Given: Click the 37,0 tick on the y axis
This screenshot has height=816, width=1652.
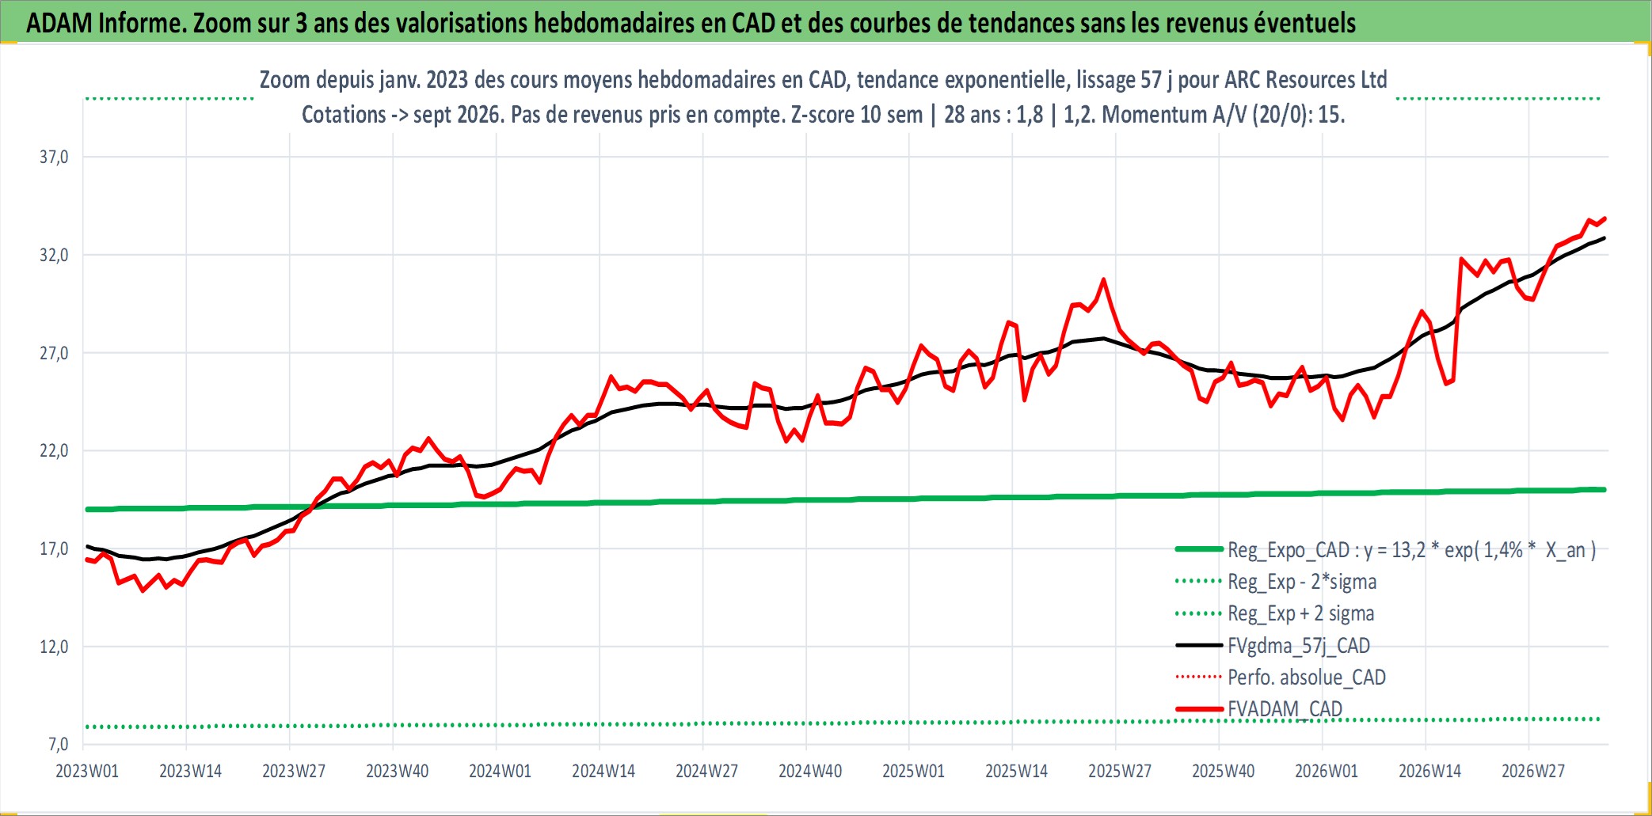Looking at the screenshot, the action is [x=54, y=157].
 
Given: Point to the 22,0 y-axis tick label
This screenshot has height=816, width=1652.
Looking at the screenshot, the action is [x=54, y=450].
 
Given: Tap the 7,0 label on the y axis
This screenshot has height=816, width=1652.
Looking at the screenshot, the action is [x=59, y=744].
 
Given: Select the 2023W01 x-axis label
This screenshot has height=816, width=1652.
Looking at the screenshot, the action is [x=87, y=771].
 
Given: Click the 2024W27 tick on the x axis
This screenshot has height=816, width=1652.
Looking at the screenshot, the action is [x=706, y=771].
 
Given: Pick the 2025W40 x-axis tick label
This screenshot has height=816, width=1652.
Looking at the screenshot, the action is [x=1223, y=771].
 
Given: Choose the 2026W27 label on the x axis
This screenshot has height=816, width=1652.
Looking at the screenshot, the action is [x=1533, y=771].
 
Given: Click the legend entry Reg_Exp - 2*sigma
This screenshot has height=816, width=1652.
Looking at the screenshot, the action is [x=1302, y=582].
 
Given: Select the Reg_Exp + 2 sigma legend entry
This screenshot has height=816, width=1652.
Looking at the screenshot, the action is [x=1300, y=613].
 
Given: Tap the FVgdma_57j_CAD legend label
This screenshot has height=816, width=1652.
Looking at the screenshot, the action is [x=1299, y=646].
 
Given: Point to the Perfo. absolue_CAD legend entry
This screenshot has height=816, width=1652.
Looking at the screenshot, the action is [x=1307, y=677].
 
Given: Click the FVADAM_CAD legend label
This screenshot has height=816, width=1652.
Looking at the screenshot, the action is [x=1285, y=708].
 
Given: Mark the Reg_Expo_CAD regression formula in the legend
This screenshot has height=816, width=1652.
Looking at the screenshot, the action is [x=1412, y=550].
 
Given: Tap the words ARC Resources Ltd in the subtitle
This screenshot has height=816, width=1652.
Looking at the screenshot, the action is [x=1306, y=80].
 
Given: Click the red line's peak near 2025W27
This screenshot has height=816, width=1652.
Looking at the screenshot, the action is [x=1103, y=279].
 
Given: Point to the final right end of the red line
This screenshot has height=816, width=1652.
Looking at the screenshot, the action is [x=1604, y=218].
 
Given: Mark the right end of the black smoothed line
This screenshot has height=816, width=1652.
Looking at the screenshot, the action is [x=1604, y=238].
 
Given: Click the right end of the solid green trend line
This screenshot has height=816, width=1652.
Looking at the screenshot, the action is [x=1605, y=490].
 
